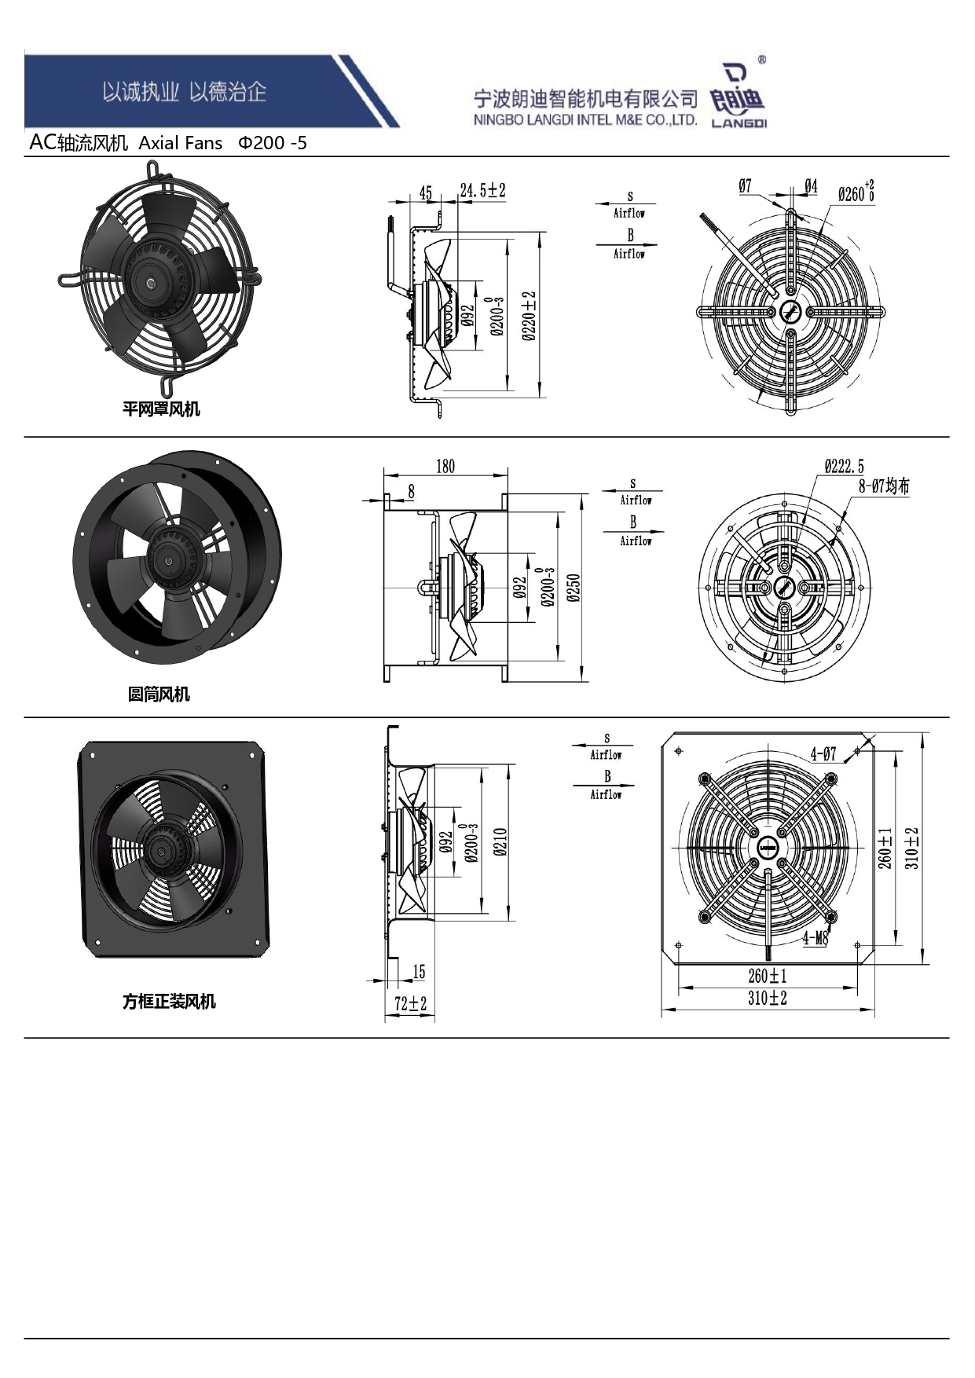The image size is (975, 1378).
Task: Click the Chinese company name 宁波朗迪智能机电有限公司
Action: [585, 99]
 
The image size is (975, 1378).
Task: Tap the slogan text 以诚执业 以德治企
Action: [185, 92]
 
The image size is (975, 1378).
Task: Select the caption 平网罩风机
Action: [161, 409]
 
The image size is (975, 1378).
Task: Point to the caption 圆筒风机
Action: [159, 694]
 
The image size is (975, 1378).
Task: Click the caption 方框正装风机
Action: [169, 1001]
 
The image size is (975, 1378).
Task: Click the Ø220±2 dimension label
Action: [530, 316]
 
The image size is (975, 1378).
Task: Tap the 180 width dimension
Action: [445, 467]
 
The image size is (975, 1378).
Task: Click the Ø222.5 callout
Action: [844, 467]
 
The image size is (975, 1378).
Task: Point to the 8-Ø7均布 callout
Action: [884, 486]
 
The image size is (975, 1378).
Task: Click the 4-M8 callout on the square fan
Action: [816, 938]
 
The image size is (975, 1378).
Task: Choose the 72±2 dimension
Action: [410, 1003]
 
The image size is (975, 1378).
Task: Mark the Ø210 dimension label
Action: [501, 842]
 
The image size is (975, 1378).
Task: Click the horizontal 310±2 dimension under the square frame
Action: [768, 998]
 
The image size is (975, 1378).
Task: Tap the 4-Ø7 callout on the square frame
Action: [823, 754]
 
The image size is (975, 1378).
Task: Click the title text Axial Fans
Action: [181, 143]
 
